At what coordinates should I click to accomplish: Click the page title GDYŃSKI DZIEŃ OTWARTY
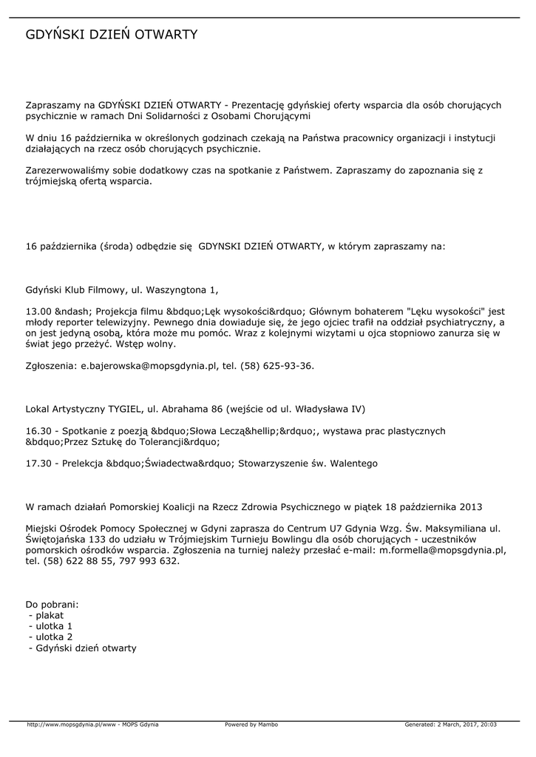tap(112, 35)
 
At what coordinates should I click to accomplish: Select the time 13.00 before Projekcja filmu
tap(38, 312)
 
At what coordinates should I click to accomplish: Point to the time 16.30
tap(38, 431)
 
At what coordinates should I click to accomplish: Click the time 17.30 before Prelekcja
tap(38, 463)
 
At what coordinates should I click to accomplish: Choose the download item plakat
tap(50, 615)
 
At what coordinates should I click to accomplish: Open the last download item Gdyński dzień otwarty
tap(86, 648)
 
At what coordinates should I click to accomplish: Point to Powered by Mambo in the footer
tap(251, 724)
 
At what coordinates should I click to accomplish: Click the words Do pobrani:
tap(52, 604)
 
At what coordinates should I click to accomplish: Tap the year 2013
tap(470, 507)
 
